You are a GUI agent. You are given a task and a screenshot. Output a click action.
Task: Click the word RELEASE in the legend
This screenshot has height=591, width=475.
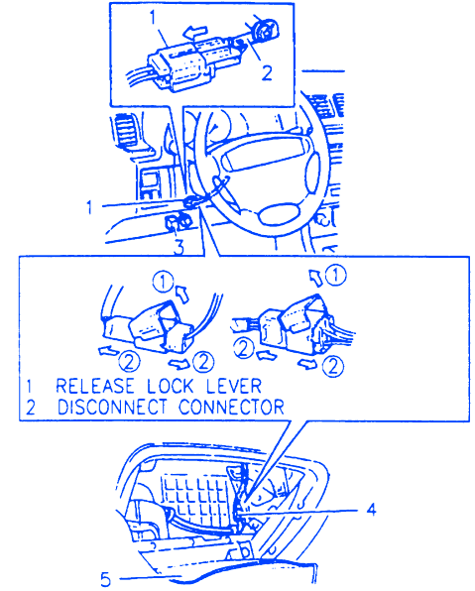[95, 386]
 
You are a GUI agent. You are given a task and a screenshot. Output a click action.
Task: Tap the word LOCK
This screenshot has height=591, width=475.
[170, 386]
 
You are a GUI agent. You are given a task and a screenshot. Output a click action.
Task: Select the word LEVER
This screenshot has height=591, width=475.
[234, 386]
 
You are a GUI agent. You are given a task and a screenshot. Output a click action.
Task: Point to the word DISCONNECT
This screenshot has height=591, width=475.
[112, 408]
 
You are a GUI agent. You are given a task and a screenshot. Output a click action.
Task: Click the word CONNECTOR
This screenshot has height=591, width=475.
[231, 408]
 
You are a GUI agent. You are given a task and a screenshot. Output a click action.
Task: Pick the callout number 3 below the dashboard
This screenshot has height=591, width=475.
[178, 248]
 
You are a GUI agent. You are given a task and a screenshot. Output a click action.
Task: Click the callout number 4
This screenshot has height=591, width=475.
[371, 510]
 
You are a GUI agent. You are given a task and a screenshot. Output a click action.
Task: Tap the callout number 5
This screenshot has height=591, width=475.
[106, 579]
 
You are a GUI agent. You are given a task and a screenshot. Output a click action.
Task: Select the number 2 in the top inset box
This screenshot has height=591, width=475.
[267, 72]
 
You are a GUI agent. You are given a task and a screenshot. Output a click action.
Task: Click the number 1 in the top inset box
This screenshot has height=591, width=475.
[153, 17]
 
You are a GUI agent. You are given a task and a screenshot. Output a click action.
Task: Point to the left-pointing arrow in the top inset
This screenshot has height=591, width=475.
[195, 33]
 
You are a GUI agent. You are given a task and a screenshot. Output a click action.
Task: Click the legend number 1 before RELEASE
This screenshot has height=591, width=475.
[29, 387]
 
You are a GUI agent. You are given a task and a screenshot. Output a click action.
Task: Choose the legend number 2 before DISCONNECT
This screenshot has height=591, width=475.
[30, 408]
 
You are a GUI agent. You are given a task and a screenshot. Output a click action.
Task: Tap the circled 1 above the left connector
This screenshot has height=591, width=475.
[164, 282]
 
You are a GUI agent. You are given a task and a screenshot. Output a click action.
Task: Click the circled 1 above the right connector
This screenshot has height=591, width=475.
[335, 276]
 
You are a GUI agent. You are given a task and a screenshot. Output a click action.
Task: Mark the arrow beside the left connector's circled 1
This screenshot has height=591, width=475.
[182, 294]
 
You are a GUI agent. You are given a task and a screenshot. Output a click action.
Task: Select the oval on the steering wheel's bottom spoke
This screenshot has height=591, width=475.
[279, 215]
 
